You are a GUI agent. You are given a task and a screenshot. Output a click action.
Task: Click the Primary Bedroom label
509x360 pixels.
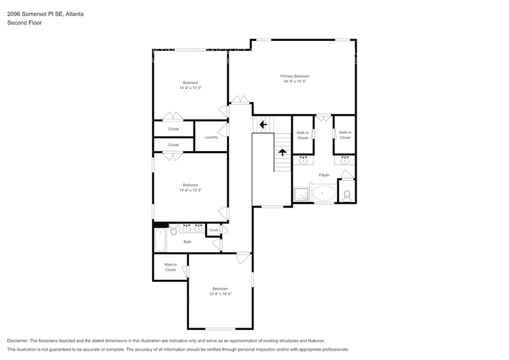click(295, 76)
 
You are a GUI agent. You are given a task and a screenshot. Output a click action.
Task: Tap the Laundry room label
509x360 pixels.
click(211, 137)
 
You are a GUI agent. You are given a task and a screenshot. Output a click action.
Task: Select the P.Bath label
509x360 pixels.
click(324, 175)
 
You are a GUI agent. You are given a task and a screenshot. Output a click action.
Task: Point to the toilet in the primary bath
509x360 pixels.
click(347, 195)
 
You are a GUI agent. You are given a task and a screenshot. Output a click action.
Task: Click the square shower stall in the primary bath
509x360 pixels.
click(302, 194)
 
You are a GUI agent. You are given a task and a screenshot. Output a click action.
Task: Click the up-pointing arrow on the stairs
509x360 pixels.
click(282, 152)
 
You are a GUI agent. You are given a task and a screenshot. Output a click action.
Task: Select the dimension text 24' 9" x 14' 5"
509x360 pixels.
click(295, 81)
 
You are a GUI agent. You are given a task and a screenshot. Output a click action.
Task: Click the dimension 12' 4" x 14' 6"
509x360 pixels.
click(220, 294)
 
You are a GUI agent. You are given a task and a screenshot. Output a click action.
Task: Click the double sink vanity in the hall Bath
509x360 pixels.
click(192, 228)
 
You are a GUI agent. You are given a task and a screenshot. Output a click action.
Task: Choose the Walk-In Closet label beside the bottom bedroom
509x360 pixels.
click(170, 267)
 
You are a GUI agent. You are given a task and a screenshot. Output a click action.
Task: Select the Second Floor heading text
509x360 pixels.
click(21, 23)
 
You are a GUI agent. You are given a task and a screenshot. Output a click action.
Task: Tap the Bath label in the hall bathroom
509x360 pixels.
click(187, 242)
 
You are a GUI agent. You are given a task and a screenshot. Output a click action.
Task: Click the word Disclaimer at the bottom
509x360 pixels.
click(20, 340)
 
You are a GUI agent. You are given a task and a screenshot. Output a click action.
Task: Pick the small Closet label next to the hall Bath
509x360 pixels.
click(213, 230)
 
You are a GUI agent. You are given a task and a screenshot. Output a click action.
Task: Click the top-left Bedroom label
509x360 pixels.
click(190, 83)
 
